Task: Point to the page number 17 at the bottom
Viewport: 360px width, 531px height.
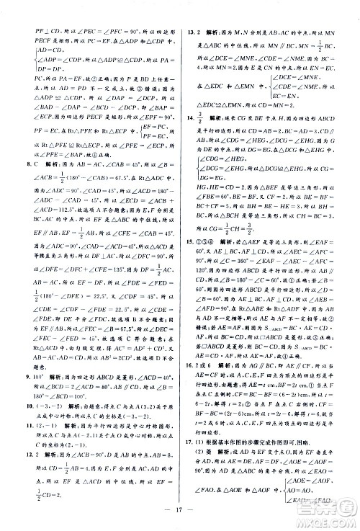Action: coord(180,518)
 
